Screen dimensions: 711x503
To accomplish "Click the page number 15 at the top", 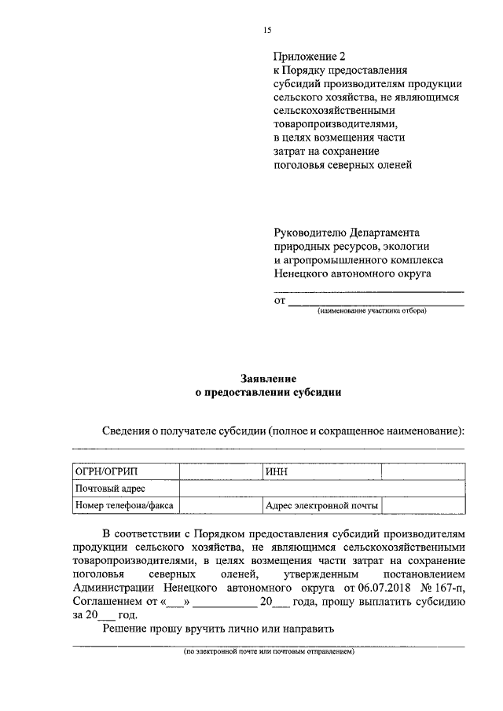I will pyautogui.click(x=267, y=30).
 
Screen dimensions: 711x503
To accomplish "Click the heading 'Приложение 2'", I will pyautogui.click(x=309, y=57).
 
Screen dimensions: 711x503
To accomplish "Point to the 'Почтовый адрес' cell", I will pyautogui.click(x=125, y=488).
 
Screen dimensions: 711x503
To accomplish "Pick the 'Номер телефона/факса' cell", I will pyautogui.click(x=125, y=506).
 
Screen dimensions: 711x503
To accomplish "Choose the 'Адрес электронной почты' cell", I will pyautogui.click(x=321, y=506).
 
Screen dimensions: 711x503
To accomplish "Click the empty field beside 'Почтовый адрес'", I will pyautogui.click(x=321, y=488).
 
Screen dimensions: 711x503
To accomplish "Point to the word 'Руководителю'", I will pyautogui.click(x=312, y=233).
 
